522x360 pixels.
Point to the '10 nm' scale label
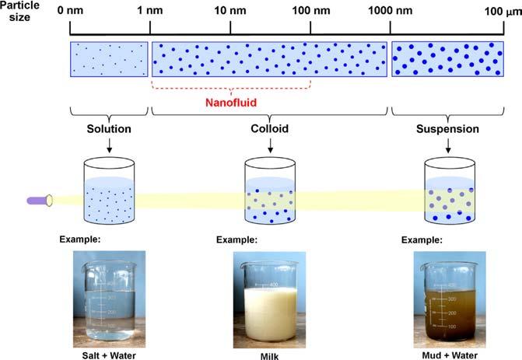click(x=230, y=12)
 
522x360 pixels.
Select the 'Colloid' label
click(x=269, y=128)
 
